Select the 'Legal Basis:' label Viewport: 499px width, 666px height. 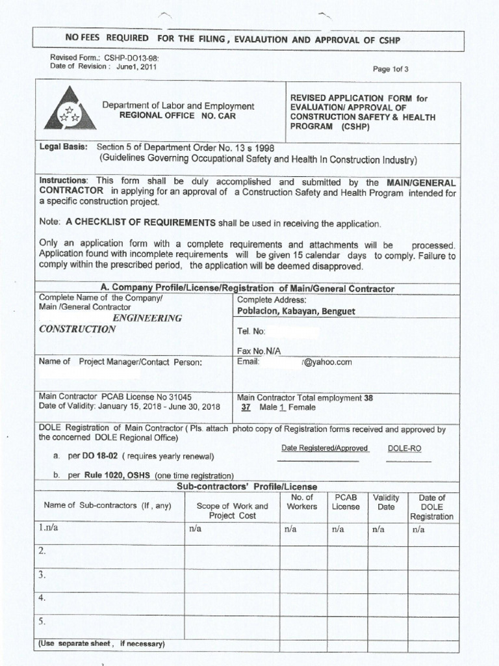(63, 147)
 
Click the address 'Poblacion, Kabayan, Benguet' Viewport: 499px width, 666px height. (296, 312)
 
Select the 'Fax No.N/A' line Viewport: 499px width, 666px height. (259, 351)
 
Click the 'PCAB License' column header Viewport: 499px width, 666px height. (346, 501)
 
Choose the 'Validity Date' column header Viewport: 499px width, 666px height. (386, 501)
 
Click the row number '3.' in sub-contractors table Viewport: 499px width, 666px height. (42, 574)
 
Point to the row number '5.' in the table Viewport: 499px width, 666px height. (42, 621)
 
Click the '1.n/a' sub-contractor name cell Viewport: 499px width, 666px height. (48, 528)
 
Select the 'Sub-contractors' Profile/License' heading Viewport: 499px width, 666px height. (247, 486)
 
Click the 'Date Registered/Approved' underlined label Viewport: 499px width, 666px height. (324, 448)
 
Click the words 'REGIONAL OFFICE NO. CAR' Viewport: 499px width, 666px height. (177, 115)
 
